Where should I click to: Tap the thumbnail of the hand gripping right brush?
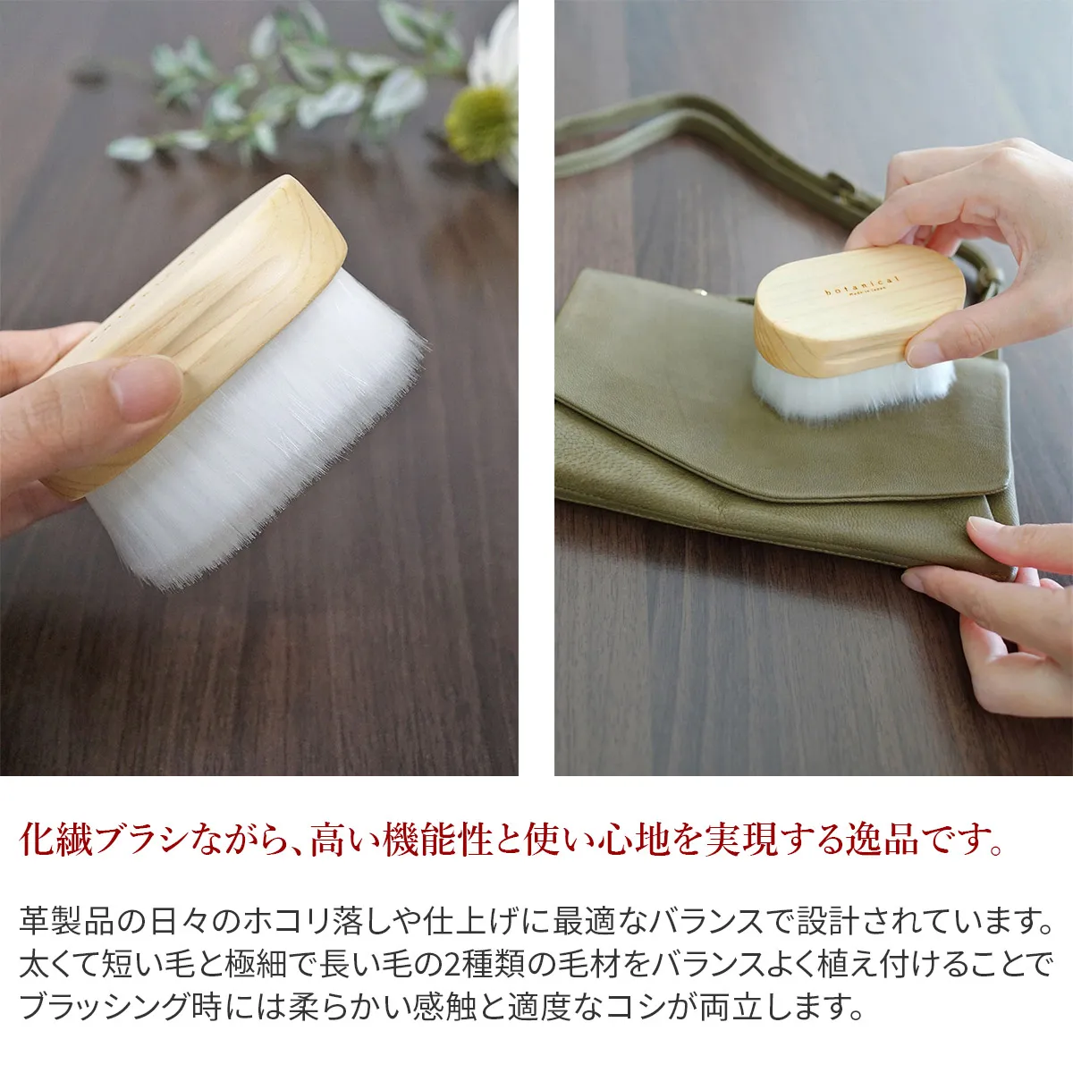[x=925, y=353]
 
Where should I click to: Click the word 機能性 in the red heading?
[x=437, y=841]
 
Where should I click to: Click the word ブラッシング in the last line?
[x=112, y=1007]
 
